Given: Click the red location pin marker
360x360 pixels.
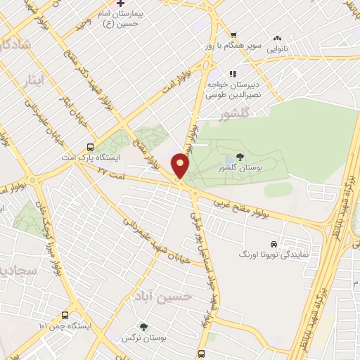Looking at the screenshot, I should tap(181, 165).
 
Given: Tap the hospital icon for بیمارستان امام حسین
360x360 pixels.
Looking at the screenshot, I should tap(120, 4).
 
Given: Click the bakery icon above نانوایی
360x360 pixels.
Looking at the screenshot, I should tap(278, 39).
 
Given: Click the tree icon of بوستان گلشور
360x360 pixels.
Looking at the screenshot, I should tap(241, 157).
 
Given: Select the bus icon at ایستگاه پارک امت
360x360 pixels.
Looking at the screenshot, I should tap(89, 147).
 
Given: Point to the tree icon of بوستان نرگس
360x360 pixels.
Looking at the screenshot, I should tap(143, 326).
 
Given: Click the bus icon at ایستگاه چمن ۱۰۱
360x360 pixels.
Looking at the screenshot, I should tap(65, 316).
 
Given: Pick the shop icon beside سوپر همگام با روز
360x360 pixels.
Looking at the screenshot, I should tap(233, 35).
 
